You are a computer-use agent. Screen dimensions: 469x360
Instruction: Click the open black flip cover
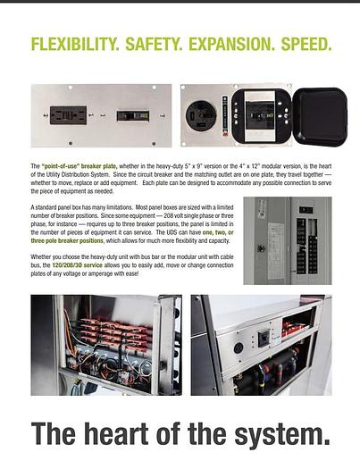(x=319, y=115)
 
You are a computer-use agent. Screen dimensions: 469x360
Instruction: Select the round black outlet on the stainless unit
(x=238, y=348)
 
